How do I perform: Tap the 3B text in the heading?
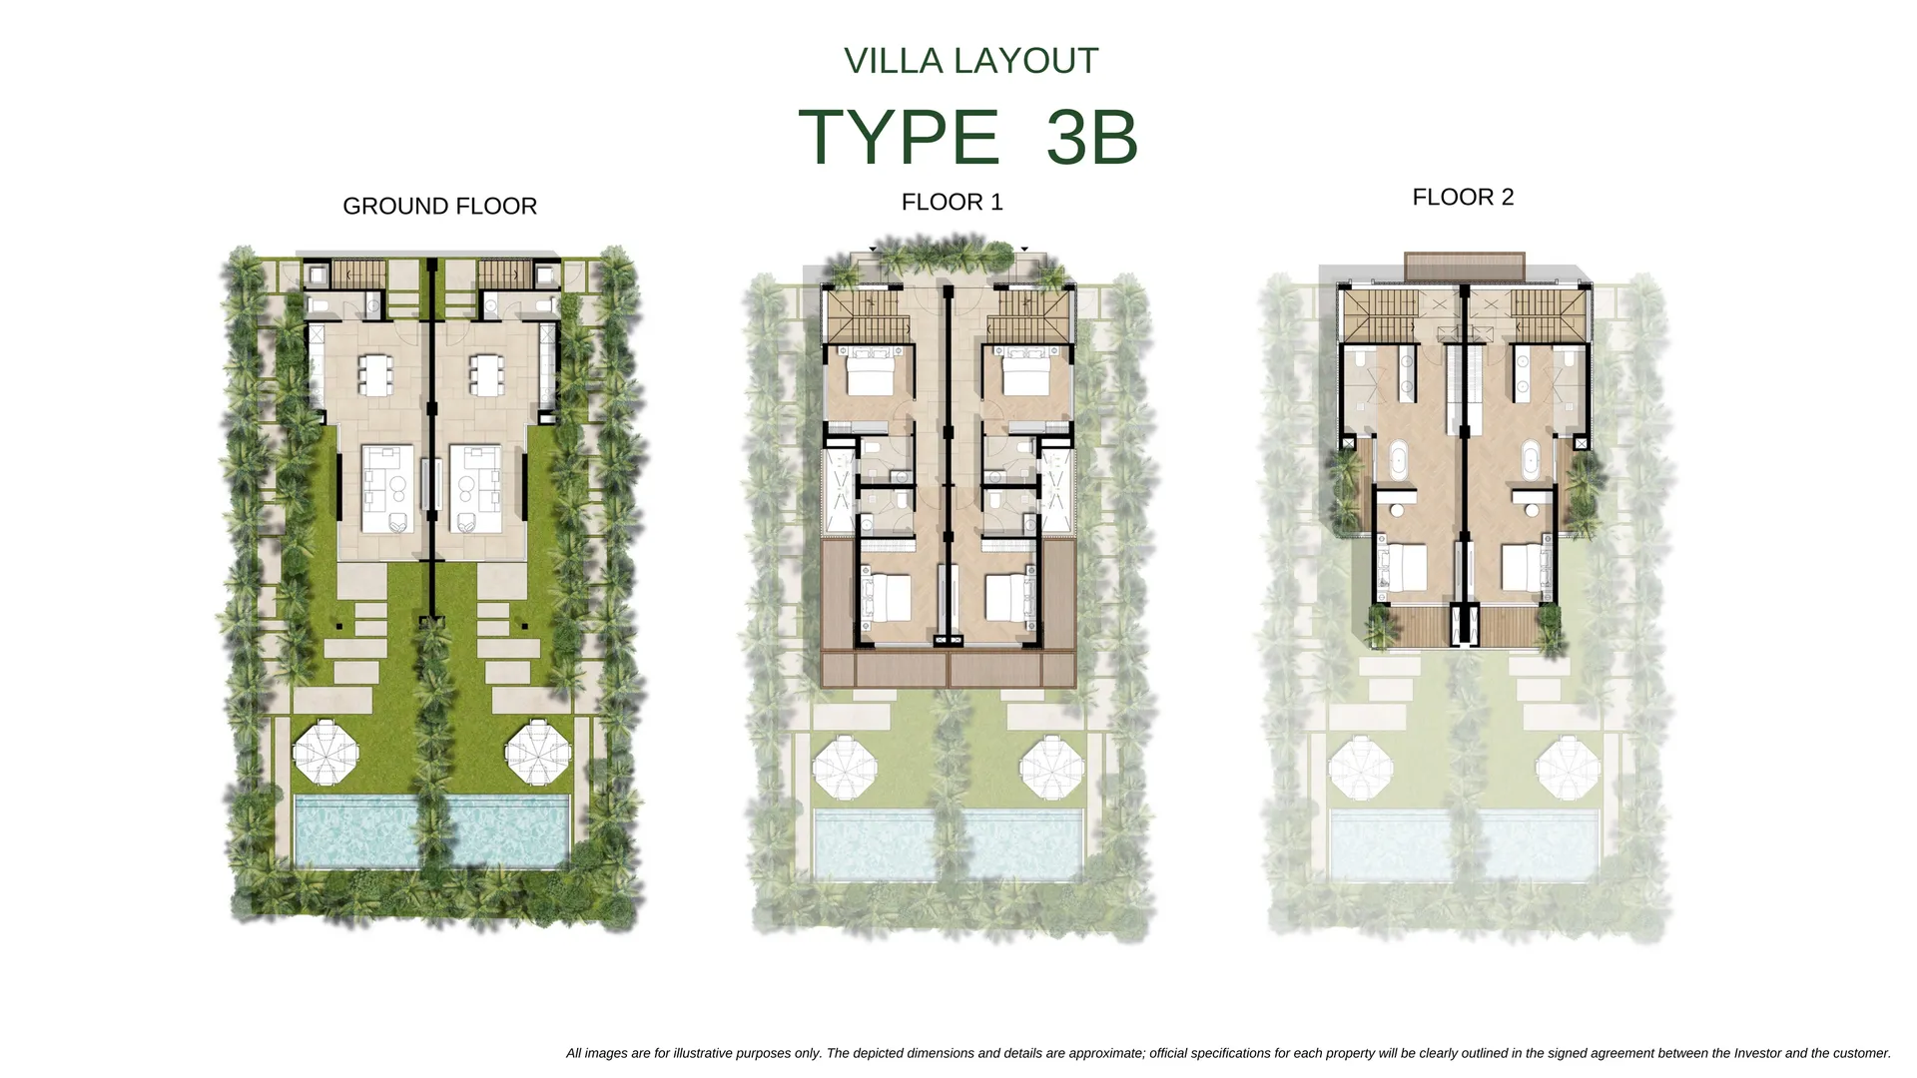click(1092, 137)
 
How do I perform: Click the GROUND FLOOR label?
click(440, 207)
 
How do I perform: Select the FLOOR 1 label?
click(953, 203)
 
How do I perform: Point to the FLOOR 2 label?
click(1464, 198)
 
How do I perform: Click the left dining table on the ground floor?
click(374, 373)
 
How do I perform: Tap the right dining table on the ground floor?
click(485, 373)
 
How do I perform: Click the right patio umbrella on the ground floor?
click(539, 752)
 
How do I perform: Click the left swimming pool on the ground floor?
click(357, 830)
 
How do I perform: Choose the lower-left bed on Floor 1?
click(885, 598)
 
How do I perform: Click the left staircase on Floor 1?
click(867, 318)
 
